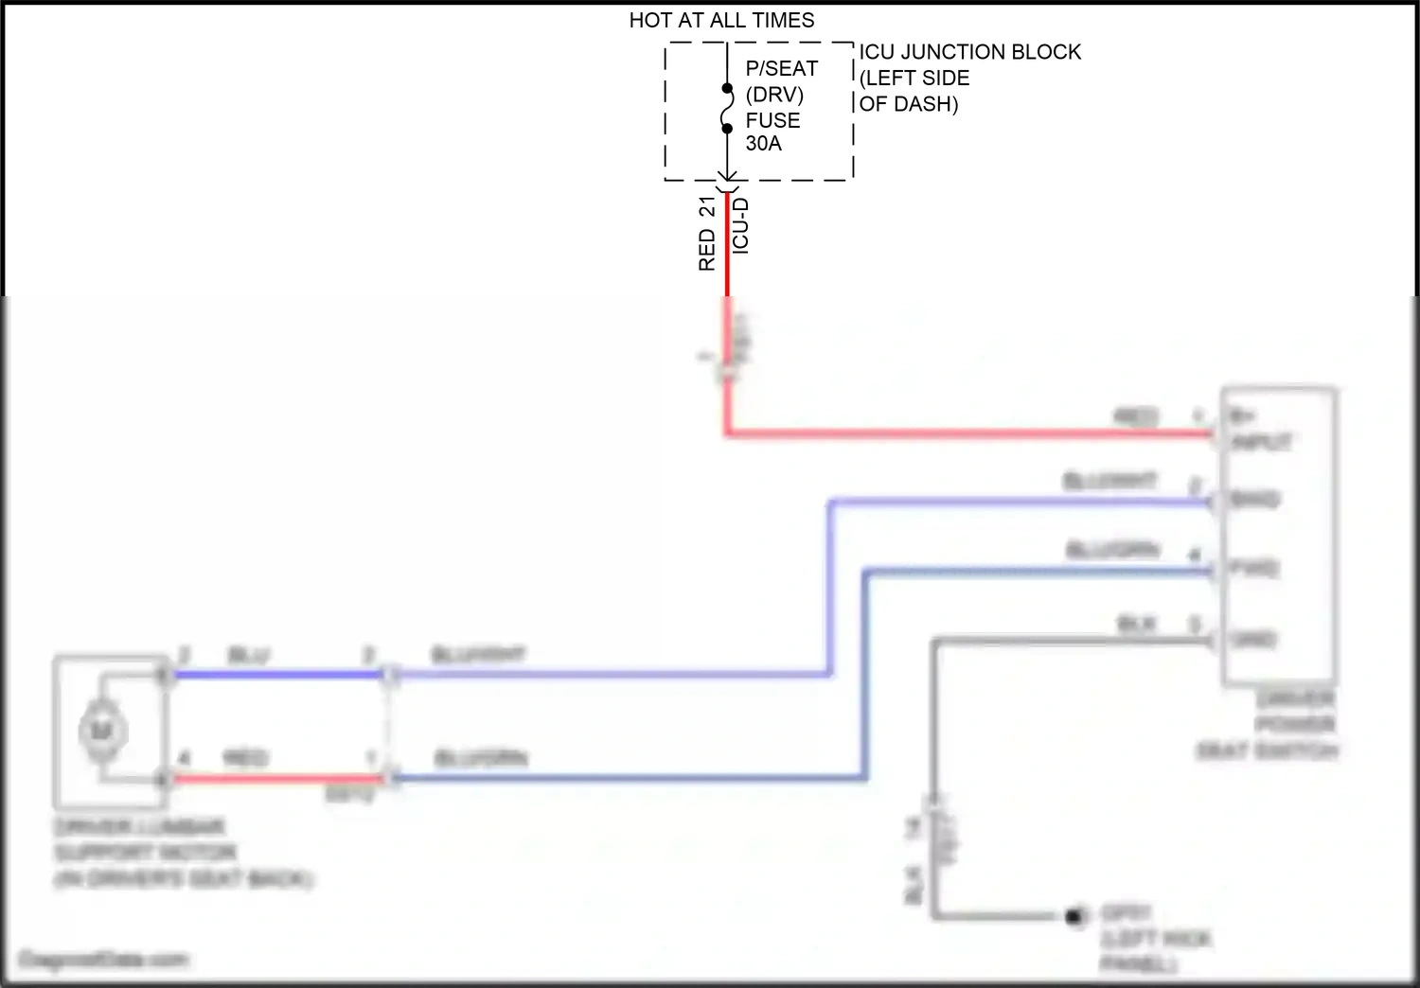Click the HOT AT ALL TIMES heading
(721, 20)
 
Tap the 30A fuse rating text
(763, 144)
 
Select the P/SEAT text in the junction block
(781, 68)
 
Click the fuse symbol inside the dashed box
(727, 109)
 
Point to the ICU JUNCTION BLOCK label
(969, 52)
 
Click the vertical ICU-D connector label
(741, 225)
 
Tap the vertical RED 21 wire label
(707, 234)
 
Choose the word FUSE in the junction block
(772, 120)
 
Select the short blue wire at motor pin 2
(275, 675)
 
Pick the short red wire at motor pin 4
(275, 779)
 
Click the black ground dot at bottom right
(1074, 916)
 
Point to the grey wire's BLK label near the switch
(1136, 625)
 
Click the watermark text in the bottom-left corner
(103, 960)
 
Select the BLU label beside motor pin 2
(248, 655)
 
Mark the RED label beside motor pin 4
(245, 758)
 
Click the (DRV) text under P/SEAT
(774, 95)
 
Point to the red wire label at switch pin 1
(1136, 416)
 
